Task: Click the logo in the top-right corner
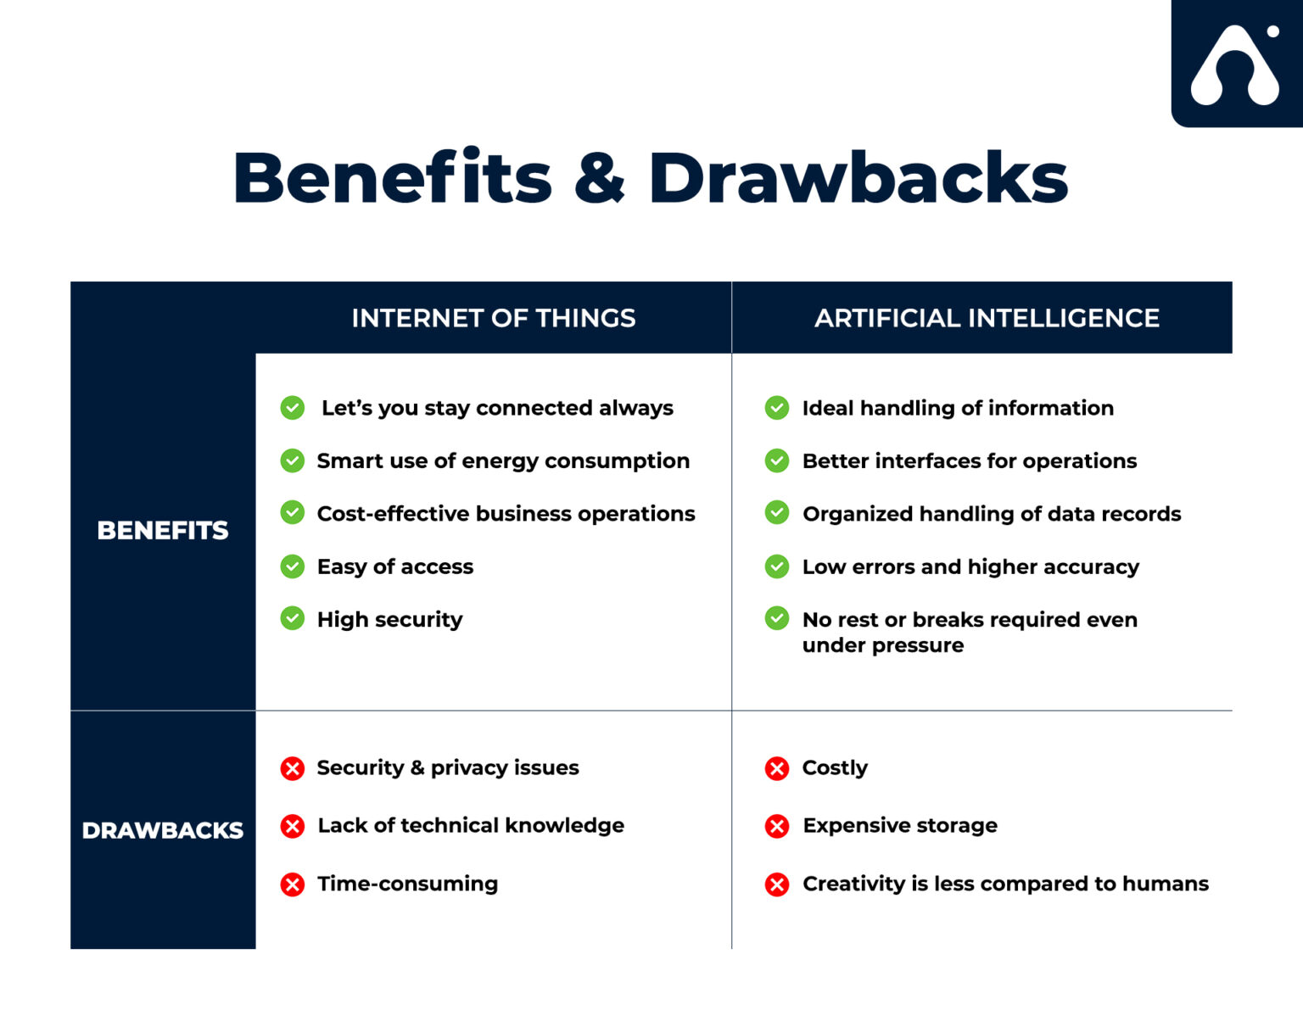[1236, 65]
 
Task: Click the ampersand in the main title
[600, 178]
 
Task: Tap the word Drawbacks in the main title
[858, 178]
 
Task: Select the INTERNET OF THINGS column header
[493, 318]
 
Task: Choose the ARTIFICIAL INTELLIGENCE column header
[987, 318]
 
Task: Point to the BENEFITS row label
[163, 531]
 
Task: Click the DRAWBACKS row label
[163, 830]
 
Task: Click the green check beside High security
[293, 618]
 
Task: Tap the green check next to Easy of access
[293, 566]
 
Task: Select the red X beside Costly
[777, 768]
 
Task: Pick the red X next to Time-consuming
[293, 884]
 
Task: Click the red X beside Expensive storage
[777, 826]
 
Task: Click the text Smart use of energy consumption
[503, 461]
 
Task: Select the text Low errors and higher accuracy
[970, 566]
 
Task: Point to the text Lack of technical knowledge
[471, 826]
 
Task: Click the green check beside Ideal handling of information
[777, 408]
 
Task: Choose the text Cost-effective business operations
[506, 514]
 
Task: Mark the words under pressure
[883, 645]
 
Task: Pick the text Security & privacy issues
[448, 768]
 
